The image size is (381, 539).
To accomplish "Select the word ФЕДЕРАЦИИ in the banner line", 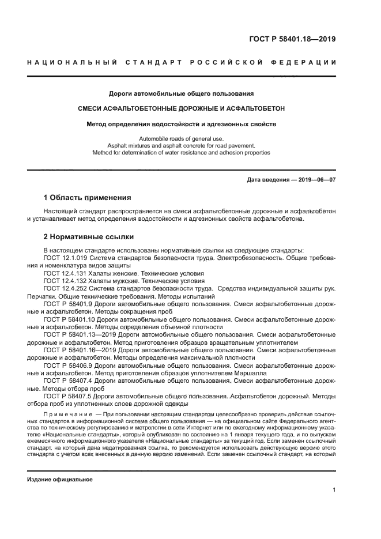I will click(x=309, y=62).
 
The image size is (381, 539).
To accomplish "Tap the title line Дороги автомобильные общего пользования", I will click(x=182, y=93).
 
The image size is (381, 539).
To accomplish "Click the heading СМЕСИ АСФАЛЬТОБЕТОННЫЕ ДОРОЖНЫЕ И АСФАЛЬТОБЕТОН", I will click(x=182, y=108).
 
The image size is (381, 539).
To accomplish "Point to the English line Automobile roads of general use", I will click(x=182, y=138).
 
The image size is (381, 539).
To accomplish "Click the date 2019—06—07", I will click(x=317, y=180).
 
